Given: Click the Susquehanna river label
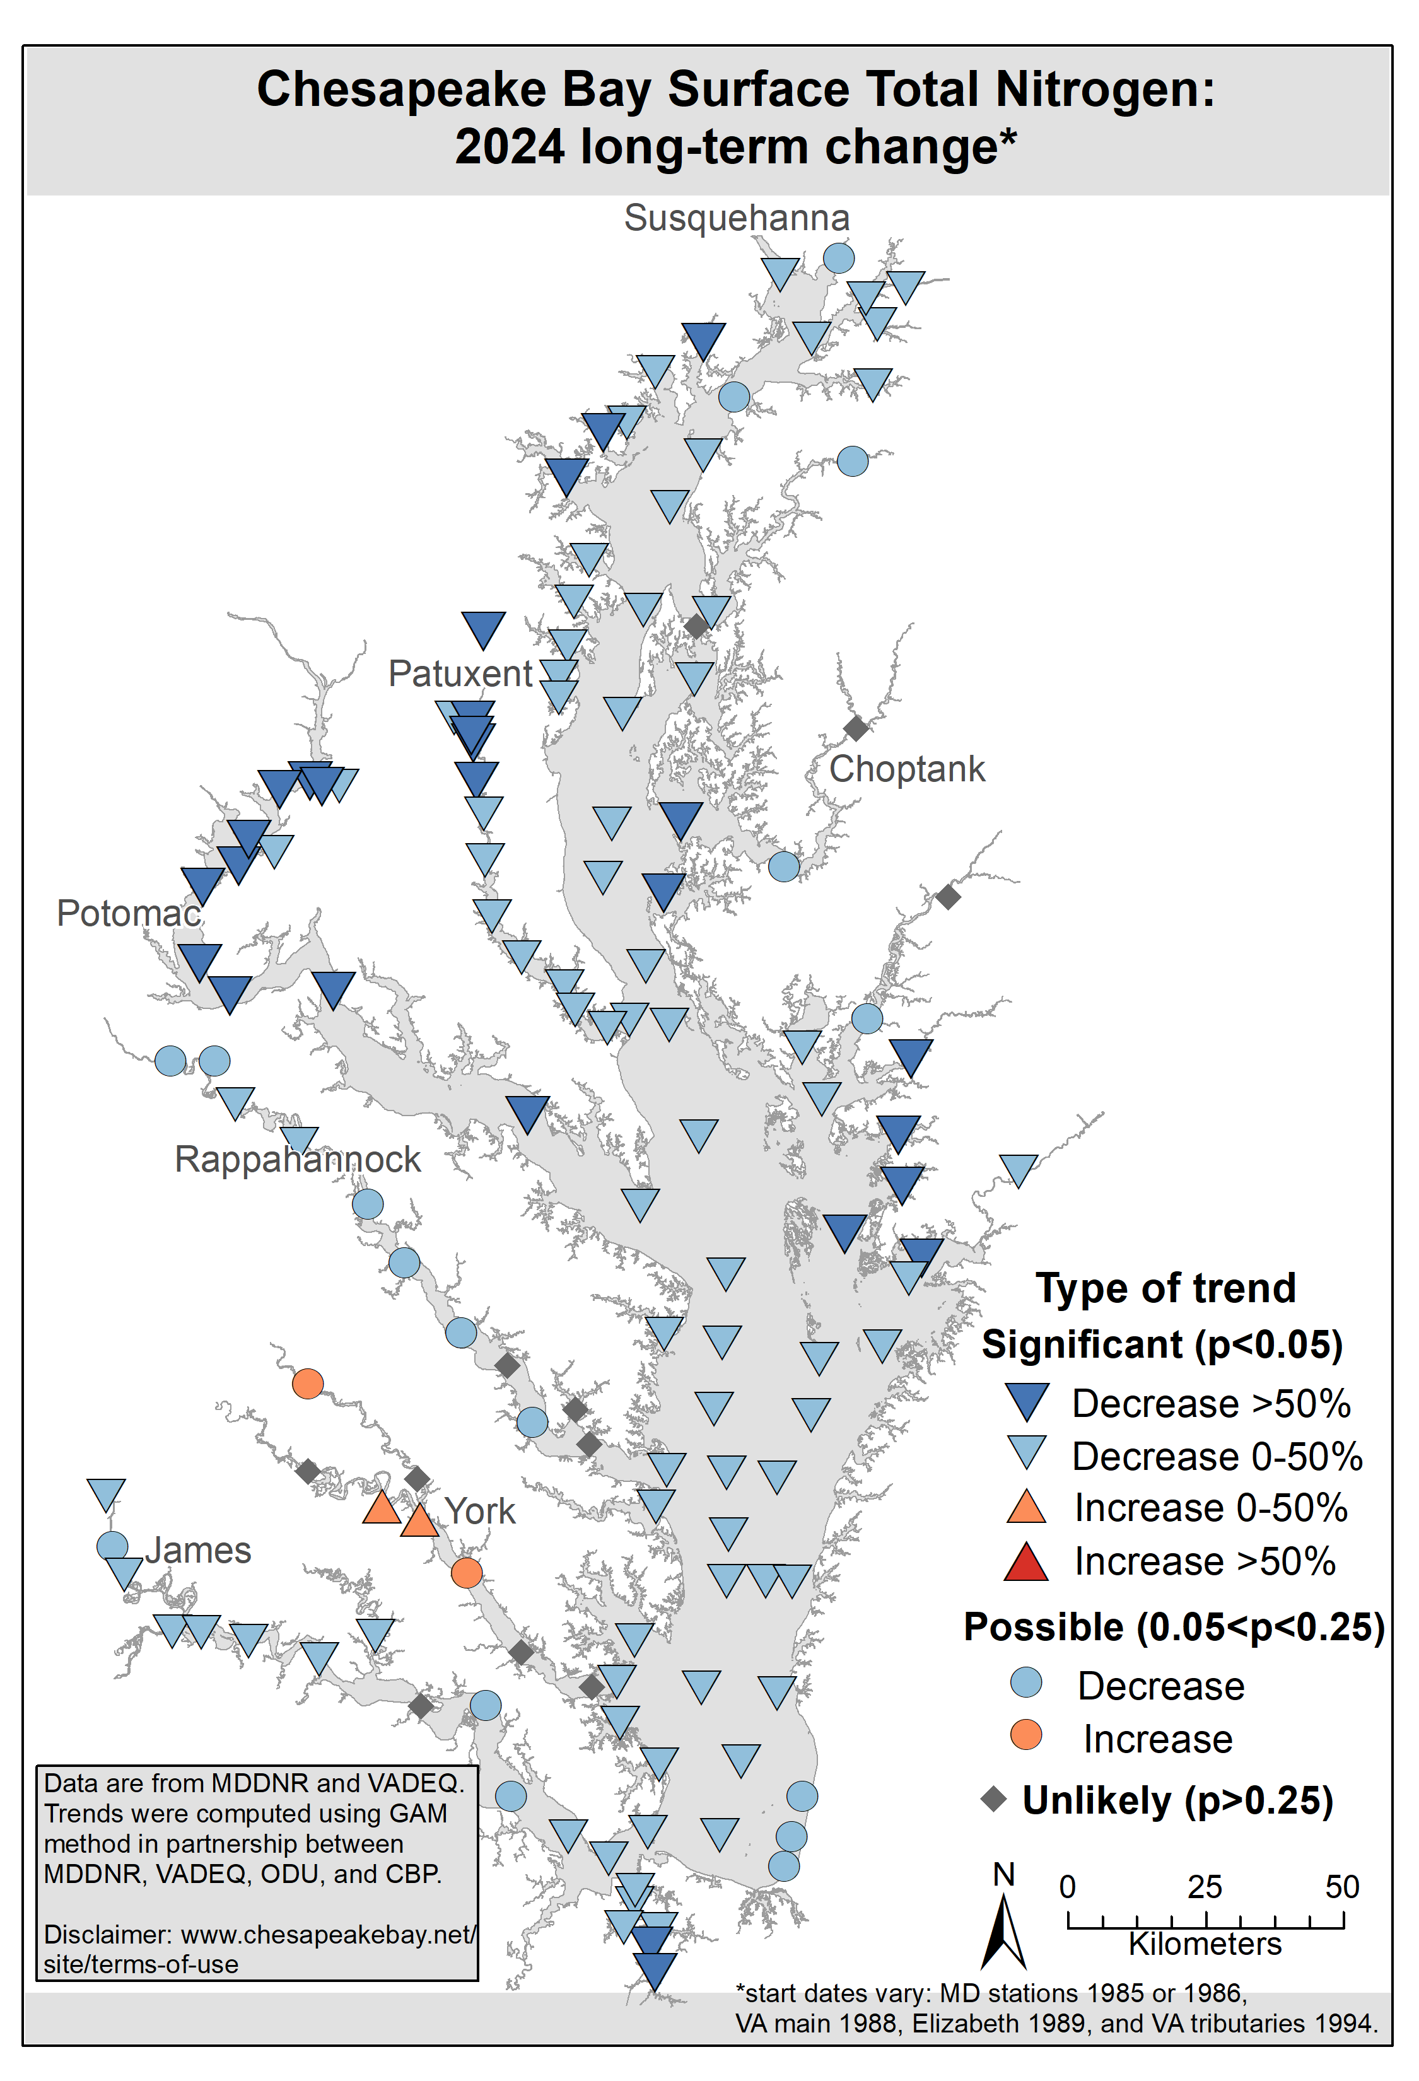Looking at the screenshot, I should [x=736, y=218].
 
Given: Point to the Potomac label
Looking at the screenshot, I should [x=128, y=913].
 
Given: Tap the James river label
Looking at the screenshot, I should [x=198, y=1550].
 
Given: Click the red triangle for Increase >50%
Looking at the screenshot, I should [x=1026, y=1563].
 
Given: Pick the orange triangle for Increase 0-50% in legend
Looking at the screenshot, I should [x=1026, y=1508].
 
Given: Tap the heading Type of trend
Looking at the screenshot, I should [x=1165, y=1288].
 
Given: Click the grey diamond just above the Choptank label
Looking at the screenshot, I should [x=856, y=728].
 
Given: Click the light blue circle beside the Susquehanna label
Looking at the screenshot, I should [x=838, y=258].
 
